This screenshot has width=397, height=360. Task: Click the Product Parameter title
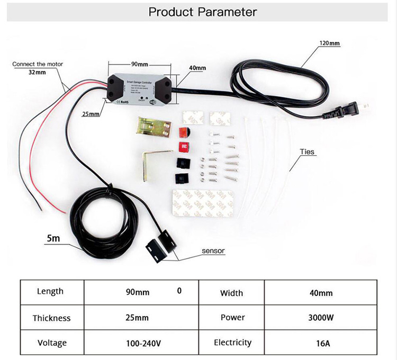(x=202, y=12)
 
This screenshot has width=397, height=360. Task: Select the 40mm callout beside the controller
(x=197, y=68)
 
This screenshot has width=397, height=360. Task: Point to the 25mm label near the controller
(x=91, y=114)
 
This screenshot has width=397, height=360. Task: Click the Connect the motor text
(x=38, y=64)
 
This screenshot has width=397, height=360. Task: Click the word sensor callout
(x=213, y=250)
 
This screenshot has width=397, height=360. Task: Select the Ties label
(x=307, y=152)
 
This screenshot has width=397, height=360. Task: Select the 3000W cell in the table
(x=321, y=318)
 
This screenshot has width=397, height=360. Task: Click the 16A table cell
(x=321, y=343)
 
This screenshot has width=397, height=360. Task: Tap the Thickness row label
(x=51, y=318)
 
